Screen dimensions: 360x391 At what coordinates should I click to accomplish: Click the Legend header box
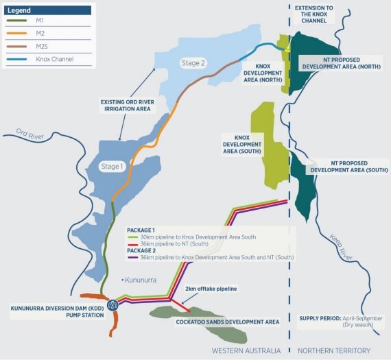pyautogui.click(x=46, y=10)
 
